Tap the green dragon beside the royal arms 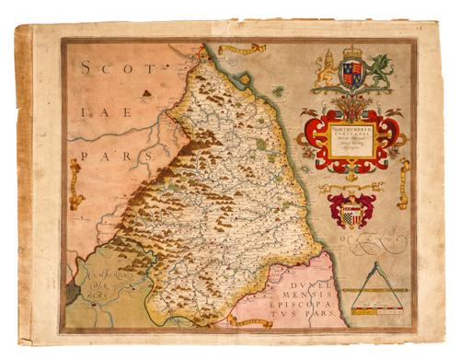tap(379, 69)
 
